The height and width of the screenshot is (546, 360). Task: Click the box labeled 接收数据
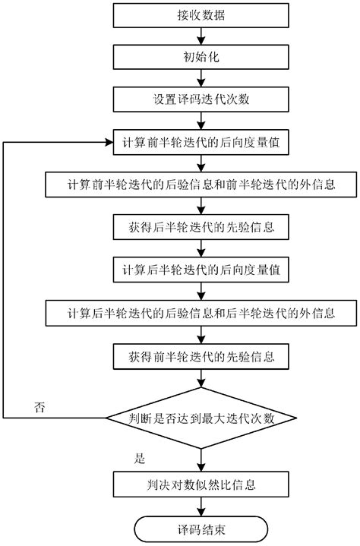(x=201, y=14)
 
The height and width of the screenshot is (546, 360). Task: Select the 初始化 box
(x=201, y=56)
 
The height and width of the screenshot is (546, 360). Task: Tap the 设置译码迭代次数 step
(x=201, y=99)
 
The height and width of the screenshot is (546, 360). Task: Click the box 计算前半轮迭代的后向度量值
(x=201, y=142)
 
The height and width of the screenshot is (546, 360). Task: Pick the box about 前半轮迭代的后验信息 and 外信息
(x=201, y=185)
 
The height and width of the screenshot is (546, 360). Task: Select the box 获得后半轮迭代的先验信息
(x=201, y=227)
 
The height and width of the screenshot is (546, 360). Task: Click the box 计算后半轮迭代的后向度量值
(x=201, y=270)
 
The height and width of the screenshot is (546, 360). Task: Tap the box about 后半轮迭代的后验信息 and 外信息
(x=201, y=312)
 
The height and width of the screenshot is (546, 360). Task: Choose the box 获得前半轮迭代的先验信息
(x=201, y=355)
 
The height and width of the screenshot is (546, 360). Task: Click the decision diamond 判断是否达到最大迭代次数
(x=201, y=418)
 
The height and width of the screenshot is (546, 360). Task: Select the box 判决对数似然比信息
(x=201, y=483)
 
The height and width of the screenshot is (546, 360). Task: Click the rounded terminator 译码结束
(x=201, y=527)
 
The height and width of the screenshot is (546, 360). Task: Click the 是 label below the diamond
(x=139, y=459)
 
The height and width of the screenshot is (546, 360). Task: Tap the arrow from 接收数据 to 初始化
(x=201, y=35)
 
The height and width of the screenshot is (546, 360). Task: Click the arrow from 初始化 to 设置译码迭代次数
(x=201, y=77)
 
